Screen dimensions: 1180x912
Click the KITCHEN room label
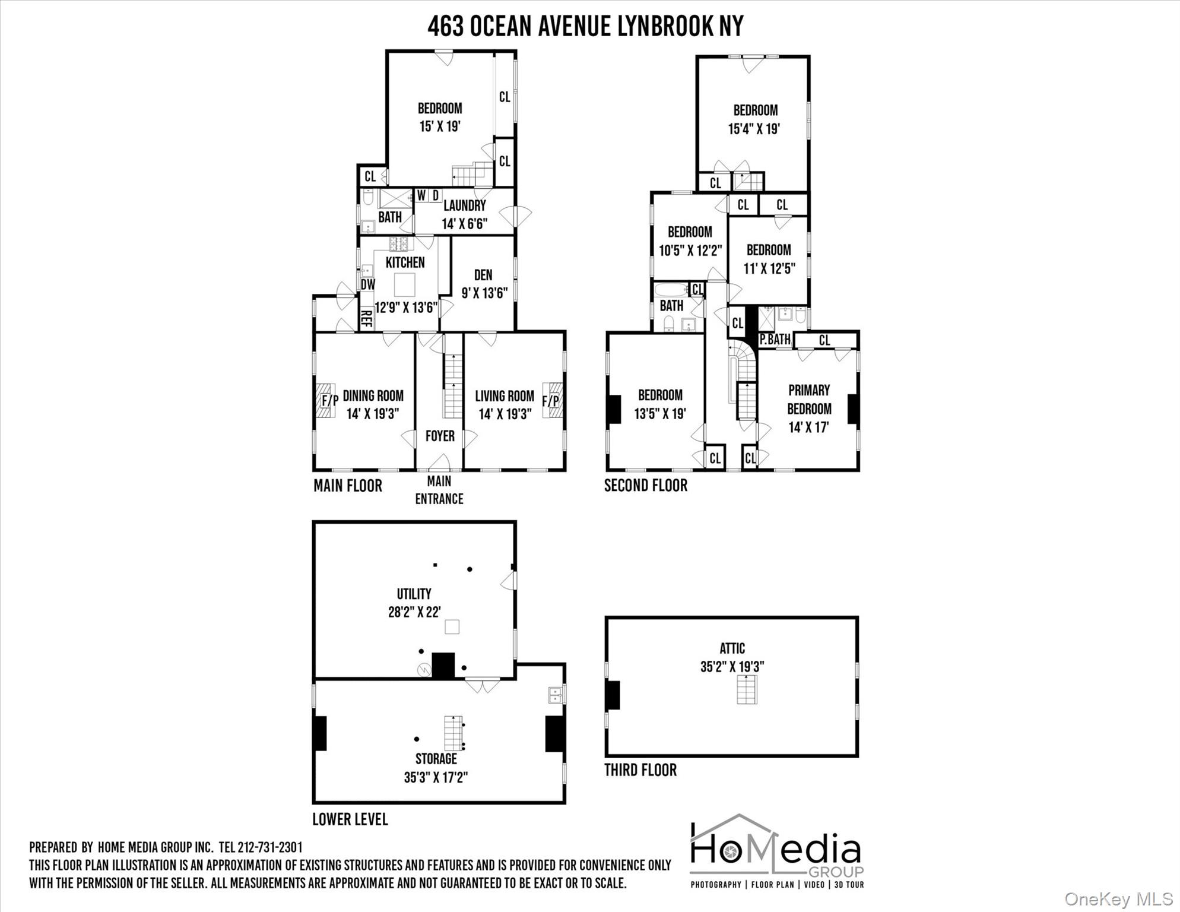pos(405,262)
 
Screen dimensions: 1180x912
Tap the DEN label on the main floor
pos(483,275)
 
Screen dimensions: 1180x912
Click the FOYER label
pos(440,436)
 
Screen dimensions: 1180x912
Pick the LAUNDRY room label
pos(465,205)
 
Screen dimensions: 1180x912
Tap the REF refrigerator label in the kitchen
pos(367,319)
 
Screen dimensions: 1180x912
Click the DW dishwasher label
pos(368,284)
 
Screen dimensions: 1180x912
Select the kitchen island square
pos(405,284)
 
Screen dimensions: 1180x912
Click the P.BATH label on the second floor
pos(775,340)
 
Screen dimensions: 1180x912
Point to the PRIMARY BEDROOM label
pos(809,400)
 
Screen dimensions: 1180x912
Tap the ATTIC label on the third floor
pos(732,648)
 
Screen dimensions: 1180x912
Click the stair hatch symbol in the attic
pos(747,689)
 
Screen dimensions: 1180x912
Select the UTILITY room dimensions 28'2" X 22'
pos(414,612)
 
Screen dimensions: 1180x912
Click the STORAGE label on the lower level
pos(436,759)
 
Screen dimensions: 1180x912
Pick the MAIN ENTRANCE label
pos(439,490)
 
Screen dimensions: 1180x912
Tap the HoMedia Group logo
pos(777,851)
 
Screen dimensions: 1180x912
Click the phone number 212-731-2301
pos(270,847)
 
